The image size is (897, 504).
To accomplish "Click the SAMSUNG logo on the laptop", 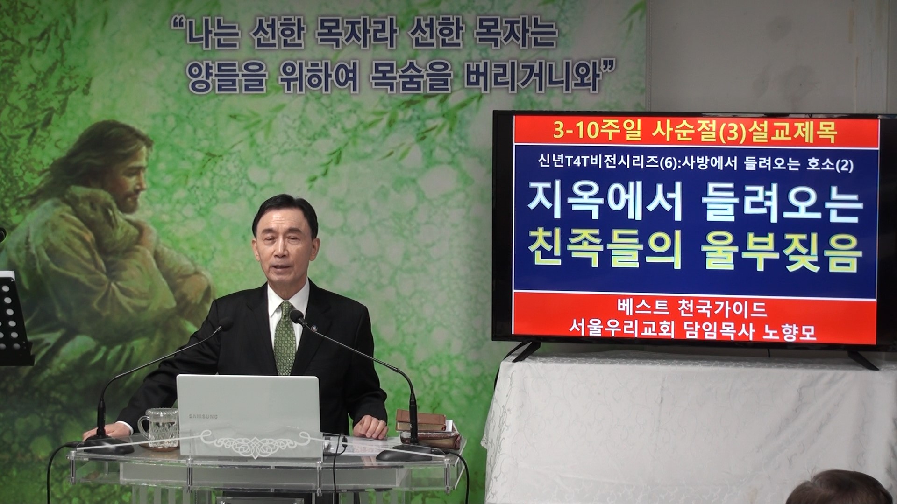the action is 203,415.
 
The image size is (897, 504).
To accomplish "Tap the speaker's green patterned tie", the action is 285,339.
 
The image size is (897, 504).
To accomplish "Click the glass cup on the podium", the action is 159,427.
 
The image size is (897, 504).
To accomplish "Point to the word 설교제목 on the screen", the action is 800,132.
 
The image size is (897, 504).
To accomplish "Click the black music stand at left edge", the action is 14,317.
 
